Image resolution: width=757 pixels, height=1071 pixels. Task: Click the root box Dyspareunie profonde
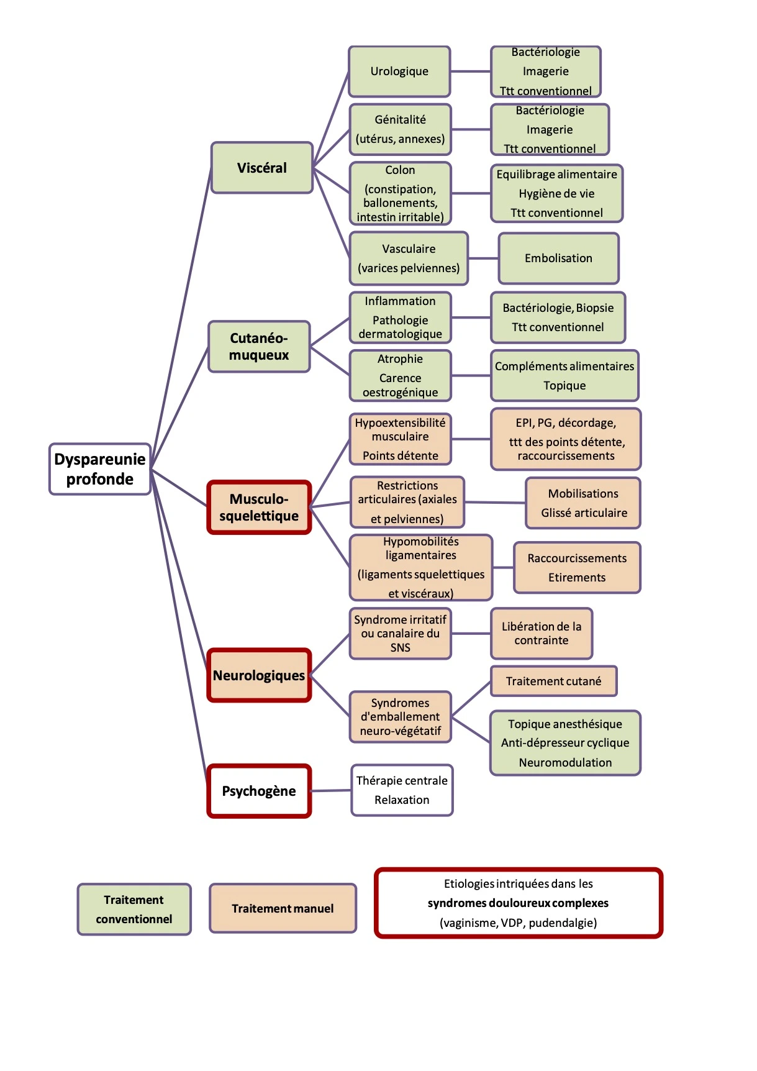[x=100, y=469]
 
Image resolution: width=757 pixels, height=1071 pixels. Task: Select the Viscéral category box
[x=262, y=168]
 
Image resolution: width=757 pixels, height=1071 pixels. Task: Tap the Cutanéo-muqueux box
[x=259, y=347]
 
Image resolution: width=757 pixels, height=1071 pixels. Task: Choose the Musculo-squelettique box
[x=259, y=507]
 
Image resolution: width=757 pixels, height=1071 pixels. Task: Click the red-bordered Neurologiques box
[x=259, y=675]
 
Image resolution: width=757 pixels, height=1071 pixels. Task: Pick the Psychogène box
[x=259, y=791]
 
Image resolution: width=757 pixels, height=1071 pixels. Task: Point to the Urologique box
[x=399, y=71]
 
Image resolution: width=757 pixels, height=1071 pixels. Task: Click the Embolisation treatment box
[x=559, y=258]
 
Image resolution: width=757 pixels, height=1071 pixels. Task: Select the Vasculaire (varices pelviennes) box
[x=409, y=258]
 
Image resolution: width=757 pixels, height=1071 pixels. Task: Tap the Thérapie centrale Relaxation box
[x=402, y=790]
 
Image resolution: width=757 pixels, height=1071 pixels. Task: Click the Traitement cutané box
[x=554, y=681]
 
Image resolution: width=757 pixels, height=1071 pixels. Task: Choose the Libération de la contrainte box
[x=542, y=634]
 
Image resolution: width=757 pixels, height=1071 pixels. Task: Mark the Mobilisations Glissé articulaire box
[x=583, y=503]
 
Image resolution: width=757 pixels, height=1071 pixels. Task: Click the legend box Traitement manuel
[x=283, y=908]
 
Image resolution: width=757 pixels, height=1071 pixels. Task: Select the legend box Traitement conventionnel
[x=134, y=909]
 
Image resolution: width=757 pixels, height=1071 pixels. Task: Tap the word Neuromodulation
[x=565, y=762]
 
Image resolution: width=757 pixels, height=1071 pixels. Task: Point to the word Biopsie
[x=595, y=308]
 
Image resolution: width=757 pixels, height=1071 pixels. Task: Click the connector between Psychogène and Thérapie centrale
[x=331, y=791]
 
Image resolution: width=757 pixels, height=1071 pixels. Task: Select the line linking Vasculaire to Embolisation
[x=484, y=258]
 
